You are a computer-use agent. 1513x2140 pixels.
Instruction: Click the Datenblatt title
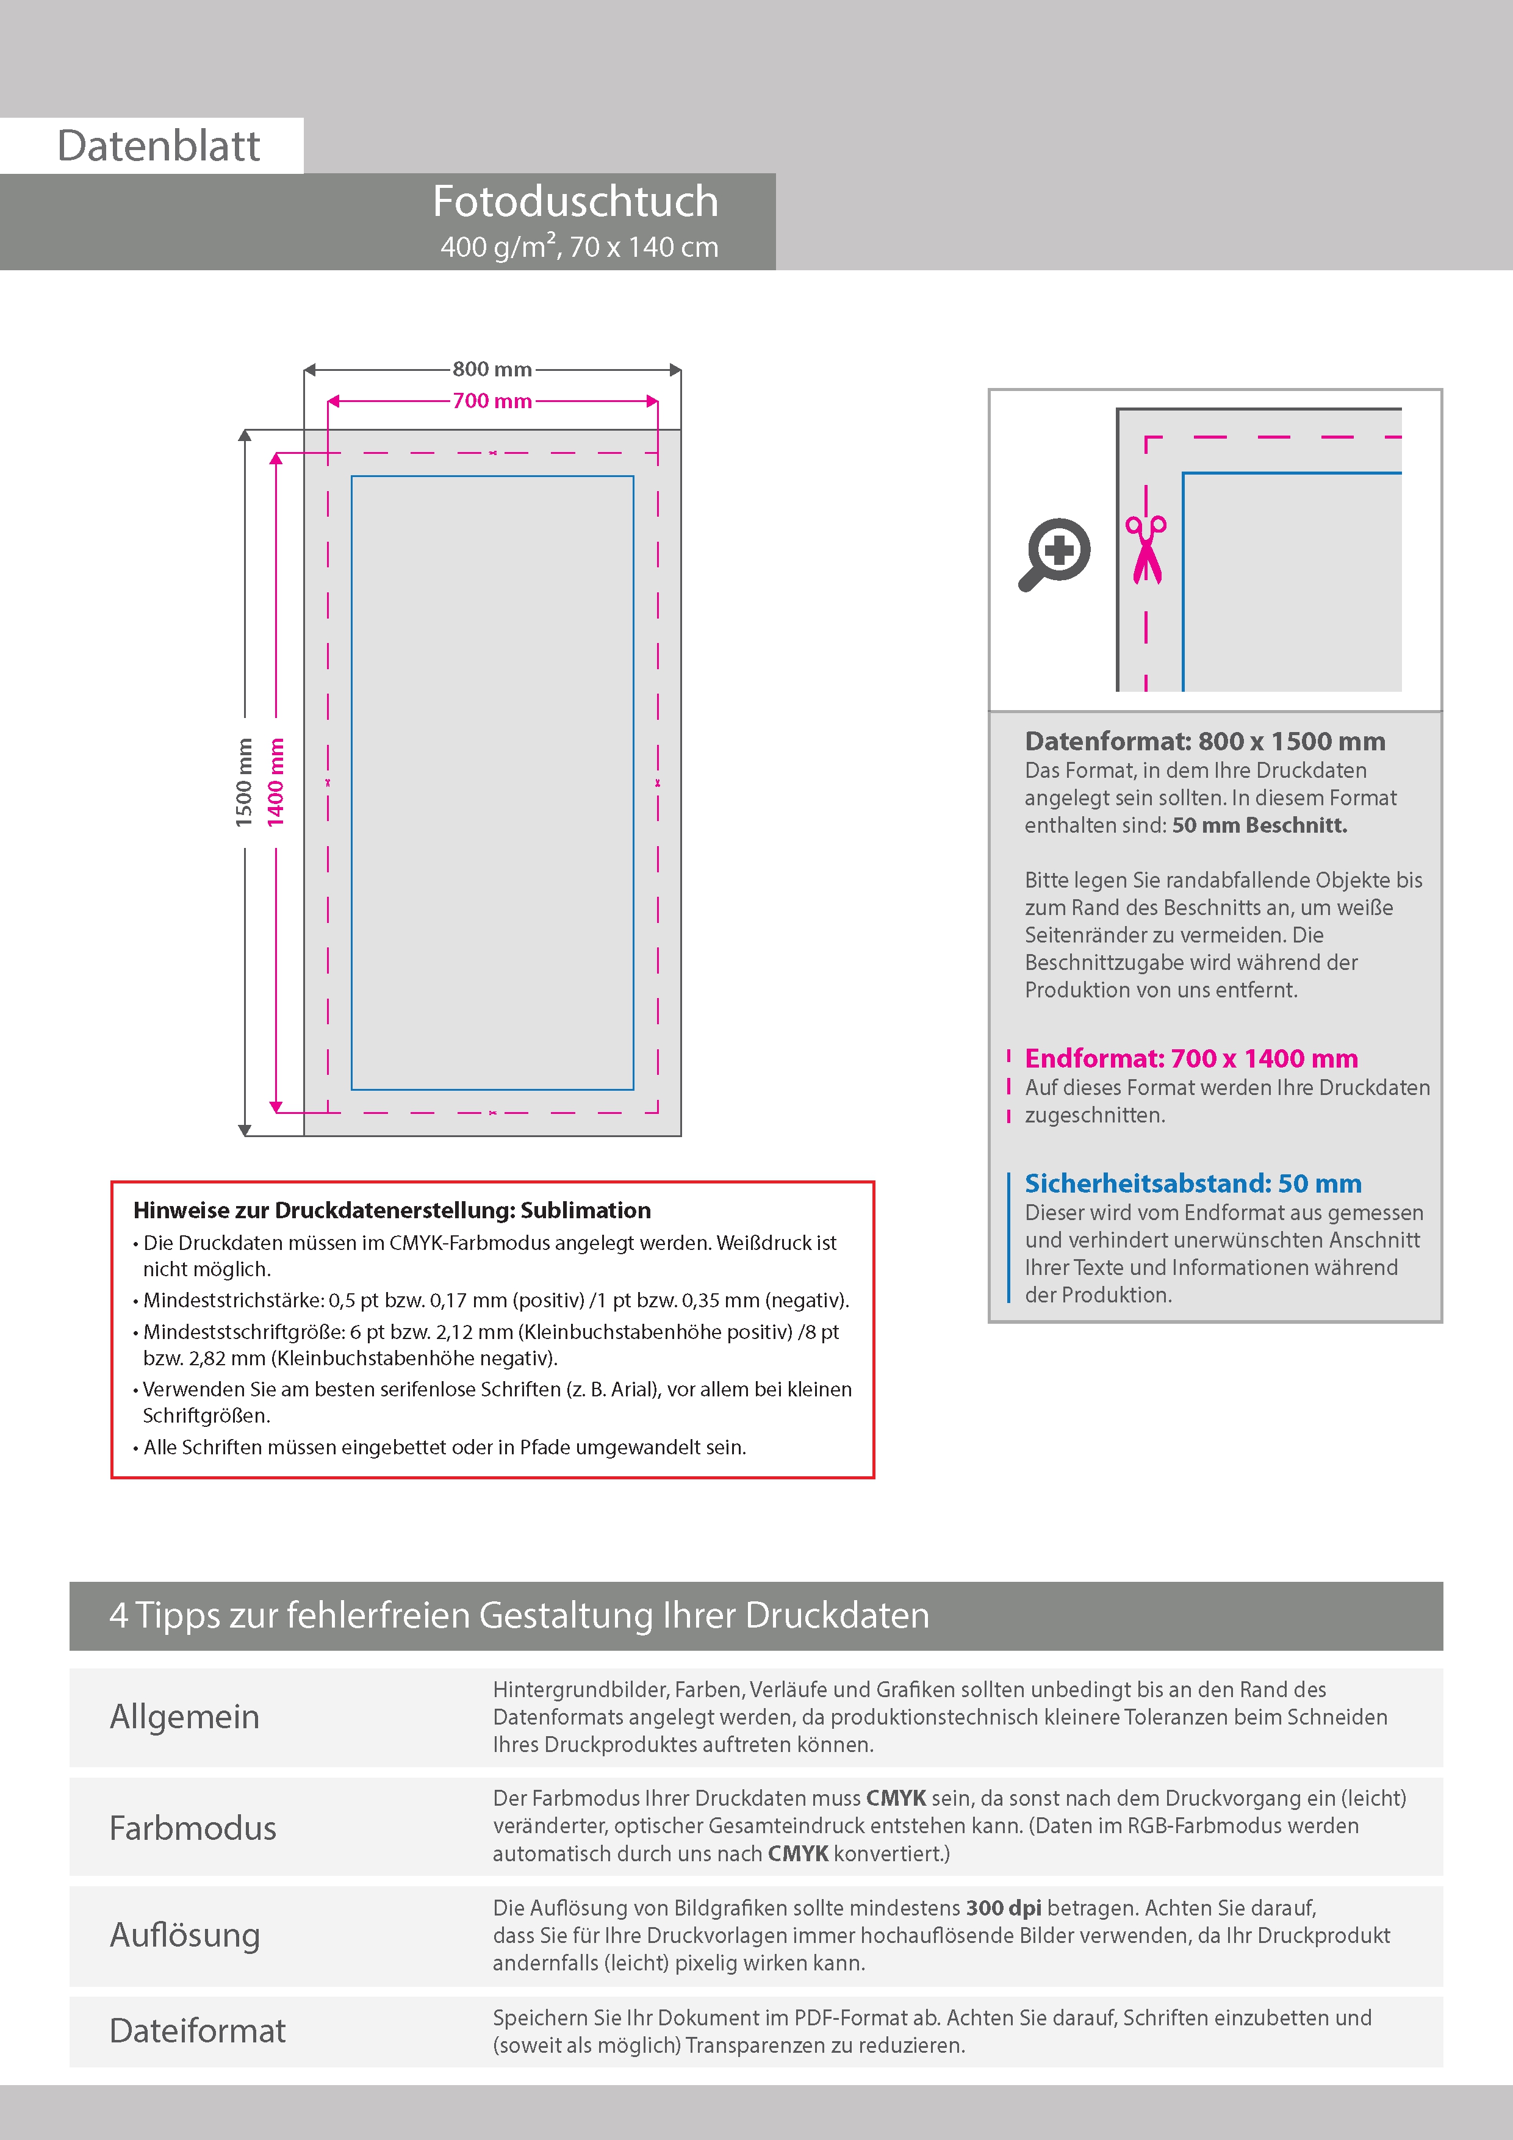click(159, 146)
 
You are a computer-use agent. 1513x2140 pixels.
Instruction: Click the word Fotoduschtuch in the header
click(575, 201)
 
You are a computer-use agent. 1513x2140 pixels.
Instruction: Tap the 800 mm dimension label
click(492, 369)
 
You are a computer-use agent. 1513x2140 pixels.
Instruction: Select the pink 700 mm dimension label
click(492, 401)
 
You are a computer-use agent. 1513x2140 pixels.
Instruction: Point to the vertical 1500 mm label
click(244, 782)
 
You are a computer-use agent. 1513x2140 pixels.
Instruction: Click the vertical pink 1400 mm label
click(276, 782)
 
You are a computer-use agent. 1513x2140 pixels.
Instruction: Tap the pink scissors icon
click(1146, 549)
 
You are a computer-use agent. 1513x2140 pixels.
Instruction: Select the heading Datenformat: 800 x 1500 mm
click(1204, 741)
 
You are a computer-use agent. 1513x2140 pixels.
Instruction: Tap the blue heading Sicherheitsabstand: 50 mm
click(1192, 1183)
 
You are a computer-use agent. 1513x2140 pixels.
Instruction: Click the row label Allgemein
click(185, 1716)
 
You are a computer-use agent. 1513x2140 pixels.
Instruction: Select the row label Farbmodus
click(193, 1828)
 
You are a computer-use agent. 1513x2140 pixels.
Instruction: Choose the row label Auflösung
click(185, 1935)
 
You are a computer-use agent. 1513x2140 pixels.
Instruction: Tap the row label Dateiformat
click(198, 2030)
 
